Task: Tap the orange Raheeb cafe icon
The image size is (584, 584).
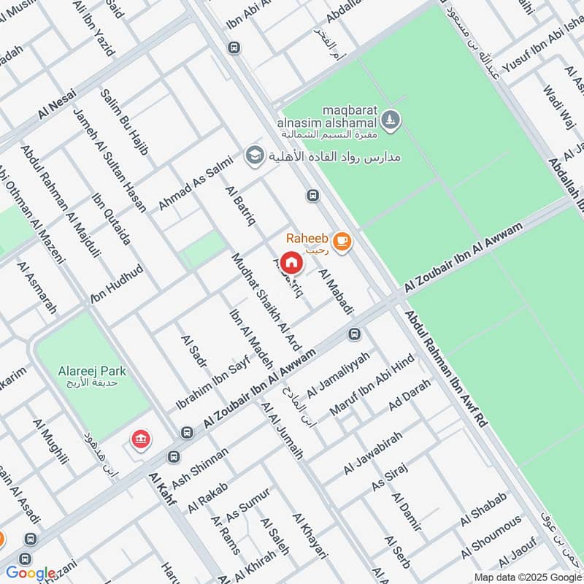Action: coord(340,240)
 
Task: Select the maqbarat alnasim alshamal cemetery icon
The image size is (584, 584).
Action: coord(391,118)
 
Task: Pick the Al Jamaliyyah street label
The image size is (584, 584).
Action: coord(338,374)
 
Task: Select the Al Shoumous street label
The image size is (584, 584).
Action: coord(491,534)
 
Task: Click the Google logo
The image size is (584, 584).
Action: coord(30,573)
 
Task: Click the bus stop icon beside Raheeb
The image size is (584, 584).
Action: coord(313,195)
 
